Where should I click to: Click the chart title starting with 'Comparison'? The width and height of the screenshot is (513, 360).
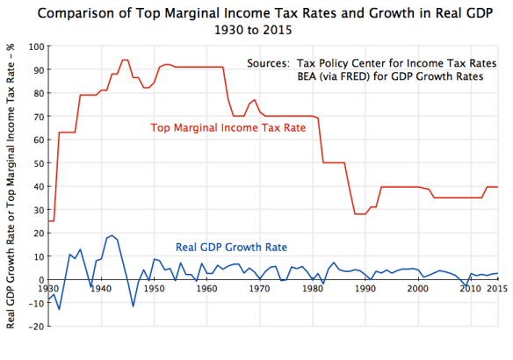click(256, 12)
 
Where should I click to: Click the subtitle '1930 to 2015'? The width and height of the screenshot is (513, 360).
click(256, 29)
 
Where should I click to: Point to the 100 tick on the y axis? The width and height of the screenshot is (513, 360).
click(36, 47)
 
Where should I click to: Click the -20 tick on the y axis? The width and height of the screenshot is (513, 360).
click(36, 326)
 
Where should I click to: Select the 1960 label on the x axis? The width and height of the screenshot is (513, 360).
click(206, 287)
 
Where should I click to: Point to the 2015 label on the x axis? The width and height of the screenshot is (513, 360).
click(498, 287)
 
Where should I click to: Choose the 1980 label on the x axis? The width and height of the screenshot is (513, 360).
click(313, 287)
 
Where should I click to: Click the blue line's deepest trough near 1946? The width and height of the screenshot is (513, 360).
click(133, 306)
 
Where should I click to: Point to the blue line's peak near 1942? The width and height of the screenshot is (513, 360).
click(112, 235)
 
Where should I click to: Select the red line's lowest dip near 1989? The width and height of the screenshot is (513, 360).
click(359, 214)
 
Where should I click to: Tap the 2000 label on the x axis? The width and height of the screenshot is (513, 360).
click(418, 287)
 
